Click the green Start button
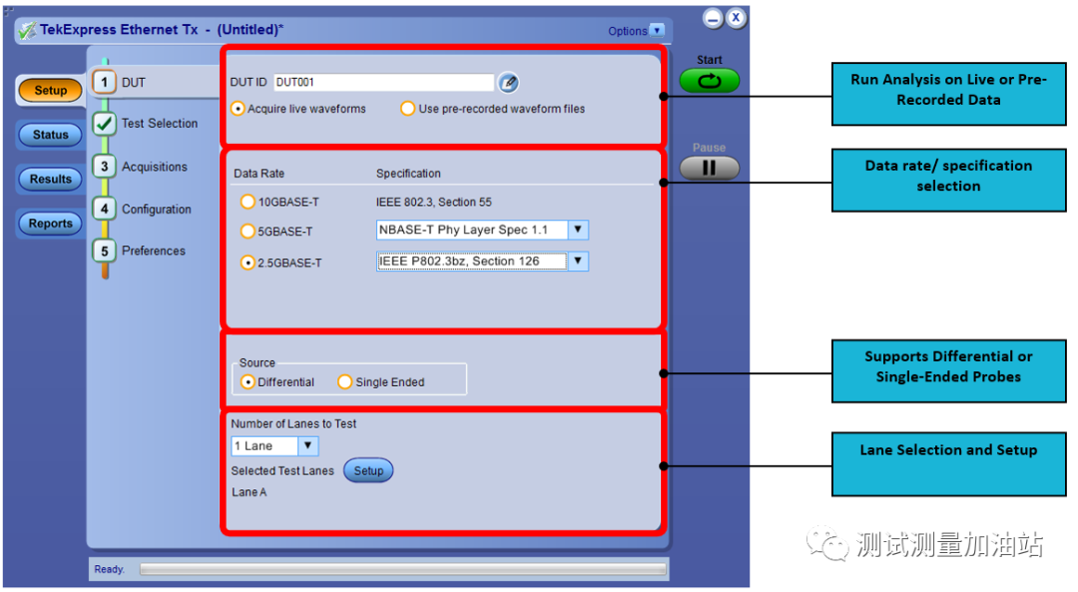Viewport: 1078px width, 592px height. click(x=710, y=81)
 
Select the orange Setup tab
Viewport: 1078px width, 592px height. click(x=50, y=91)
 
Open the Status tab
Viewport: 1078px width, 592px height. click(x=50, y=135)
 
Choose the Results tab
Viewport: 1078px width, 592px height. click(x=50, y=180)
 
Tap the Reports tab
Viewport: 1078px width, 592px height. click(x=50, y=224)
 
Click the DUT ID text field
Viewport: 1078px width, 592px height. click(x=383, y=83)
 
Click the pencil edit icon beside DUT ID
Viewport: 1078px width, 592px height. click(x=509, y=83)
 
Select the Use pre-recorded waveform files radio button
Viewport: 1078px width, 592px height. click(x=407, y=109)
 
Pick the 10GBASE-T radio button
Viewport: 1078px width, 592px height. click(x=248, y=202)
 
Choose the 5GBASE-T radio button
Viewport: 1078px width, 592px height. click(x=248, y=232)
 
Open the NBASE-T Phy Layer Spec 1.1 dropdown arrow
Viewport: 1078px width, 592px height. click(x=577, y=230)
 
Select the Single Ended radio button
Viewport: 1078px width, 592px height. click(x=345, y=382)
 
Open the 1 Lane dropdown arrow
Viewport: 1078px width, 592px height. click(x=308, y=446)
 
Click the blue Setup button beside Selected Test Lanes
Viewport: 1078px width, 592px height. click(x=368, y=471)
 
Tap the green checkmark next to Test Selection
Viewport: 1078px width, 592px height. click(x=104, y=124)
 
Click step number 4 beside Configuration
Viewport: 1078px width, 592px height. click(x=104, y=210)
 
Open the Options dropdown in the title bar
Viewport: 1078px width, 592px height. click(x=656, y=31)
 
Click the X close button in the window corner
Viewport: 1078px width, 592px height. click(x=736, y=18)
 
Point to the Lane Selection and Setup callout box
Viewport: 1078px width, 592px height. click(x=948, y=462)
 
